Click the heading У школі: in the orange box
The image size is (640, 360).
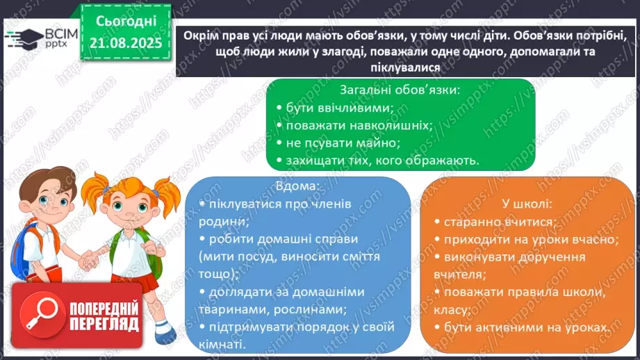[526, 204]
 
